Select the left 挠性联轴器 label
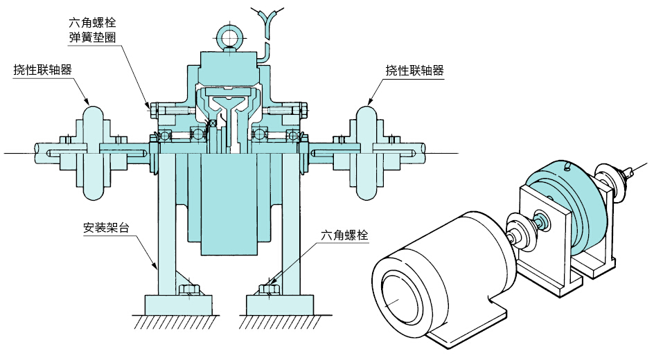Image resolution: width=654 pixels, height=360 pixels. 43,70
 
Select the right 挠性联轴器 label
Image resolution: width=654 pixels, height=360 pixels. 414,70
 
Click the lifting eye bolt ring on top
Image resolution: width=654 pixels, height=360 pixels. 227,35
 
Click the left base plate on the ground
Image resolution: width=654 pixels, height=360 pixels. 177,303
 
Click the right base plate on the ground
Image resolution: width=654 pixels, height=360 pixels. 281,303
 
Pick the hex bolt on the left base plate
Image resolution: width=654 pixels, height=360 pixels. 187,289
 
